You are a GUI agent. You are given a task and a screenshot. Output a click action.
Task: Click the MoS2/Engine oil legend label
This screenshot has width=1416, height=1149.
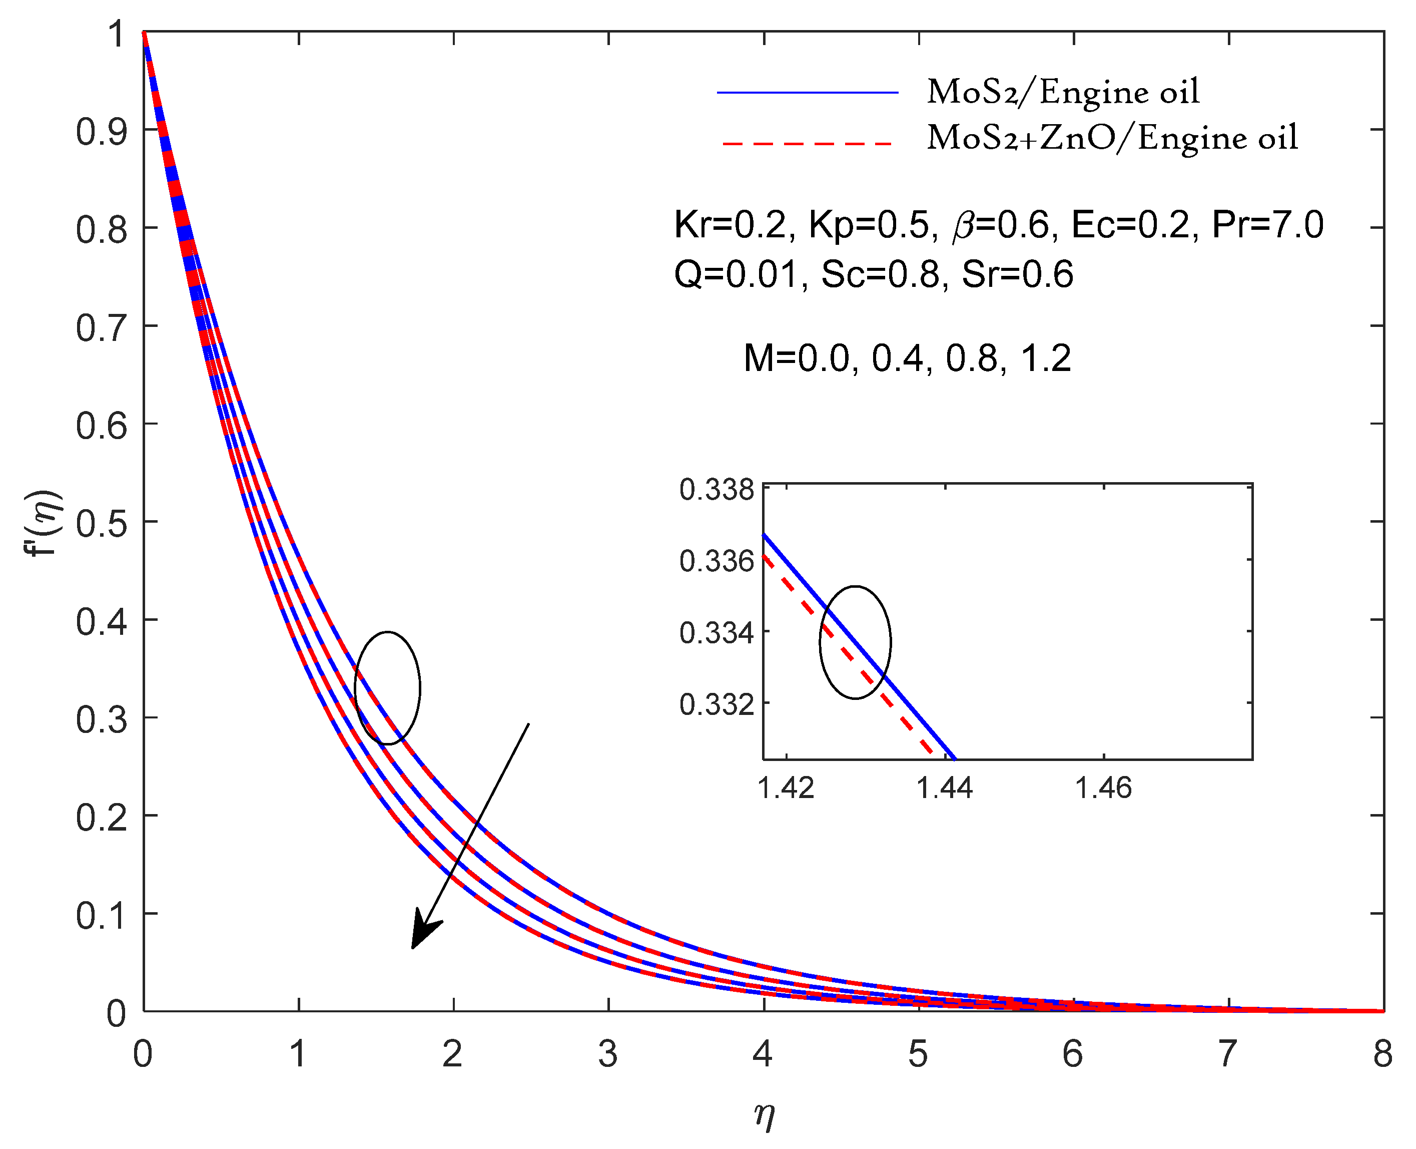(x=1062, y=93)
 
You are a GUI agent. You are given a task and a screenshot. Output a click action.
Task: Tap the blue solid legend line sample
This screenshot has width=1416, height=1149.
(x=807, y=93)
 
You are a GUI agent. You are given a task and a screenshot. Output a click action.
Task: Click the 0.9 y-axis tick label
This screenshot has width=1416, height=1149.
(x=101, y=132)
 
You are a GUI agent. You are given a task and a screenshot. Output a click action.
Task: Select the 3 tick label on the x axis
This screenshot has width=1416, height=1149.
(x=607, y=1054)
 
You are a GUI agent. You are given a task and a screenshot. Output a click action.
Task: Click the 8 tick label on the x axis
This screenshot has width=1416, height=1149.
(x=1381, y=1054)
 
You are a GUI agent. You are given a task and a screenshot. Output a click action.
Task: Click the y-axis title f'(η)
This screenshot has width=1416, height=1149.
(x=45, y=523)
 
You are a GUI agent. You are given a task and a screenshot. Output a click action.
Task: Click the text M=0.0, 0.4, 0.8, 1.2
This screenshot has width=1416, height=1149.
(x=907, y=359)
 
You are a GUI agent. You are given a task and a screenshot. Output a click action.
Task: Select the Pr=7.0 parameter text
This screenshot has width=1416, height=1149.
(x=1266, y=225)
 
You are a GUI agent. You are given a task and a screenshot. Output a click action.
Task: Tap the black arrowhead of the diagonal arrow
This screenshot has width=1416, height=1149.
(x=423, y=933)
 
